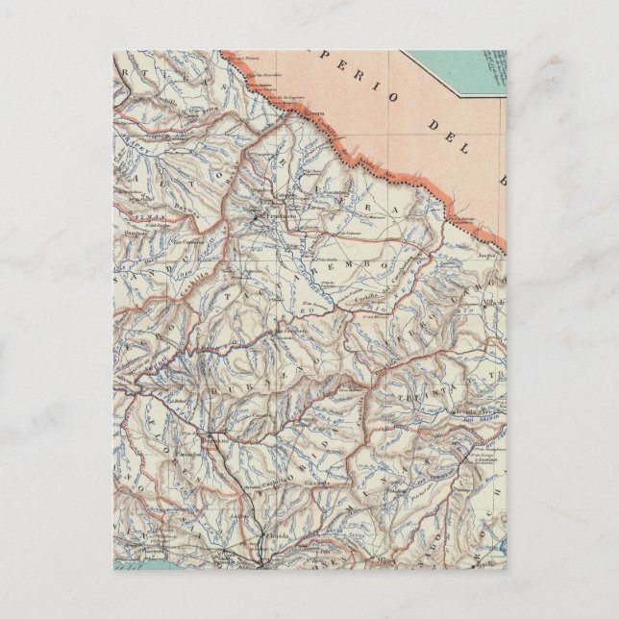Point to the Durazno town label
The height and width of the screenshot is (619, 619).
[x=213, y=441]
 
